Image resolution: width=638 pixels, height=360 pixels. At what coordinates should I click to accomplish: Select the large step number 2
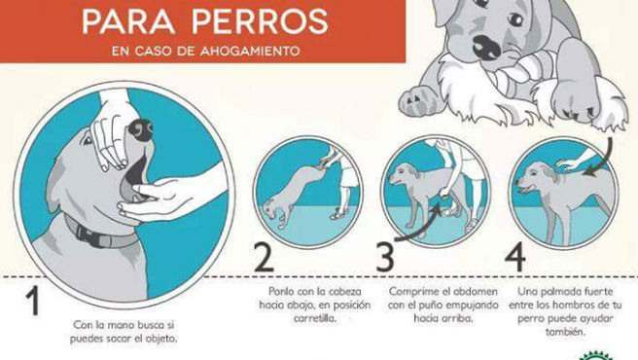[x=263, y=258]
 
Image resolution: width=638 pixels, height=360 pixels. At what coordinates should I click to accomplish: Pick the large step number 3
[x=386, y=258]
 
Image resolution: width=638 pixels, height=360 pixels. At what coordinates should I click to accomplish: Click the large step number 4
[x=516, y=258]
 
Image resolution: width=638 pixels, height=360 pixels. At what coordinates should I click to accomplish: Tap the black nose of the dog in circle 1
[x=143, y=128]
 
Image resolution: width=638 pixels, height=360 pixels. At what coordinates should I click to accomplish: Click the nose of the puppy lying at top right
[x=483, y=46]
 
